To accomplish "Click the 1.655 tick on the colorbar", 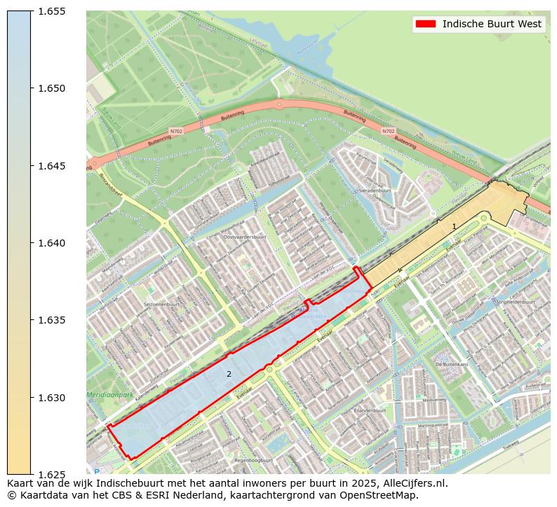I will [x=51, y=11].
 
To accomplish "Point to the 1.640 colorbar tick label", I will [x=51, y=243].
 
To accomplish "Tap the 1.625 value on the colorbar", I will [x=51, y=475].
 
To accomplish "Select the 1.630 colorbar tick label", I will [x=51, y=398].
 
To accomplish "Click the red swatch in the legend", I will [x=425, y=24].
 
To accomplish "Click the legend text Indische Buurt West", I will [x=492, y=24].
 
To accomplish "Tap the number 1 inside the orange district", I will [x=454, y=226].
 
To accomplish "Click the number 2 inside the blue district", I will [x=229, y=374].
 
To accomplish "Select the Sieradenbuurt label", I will [x=373, y=190].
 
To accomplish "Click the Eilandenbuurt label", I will [x=370, y=410].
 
